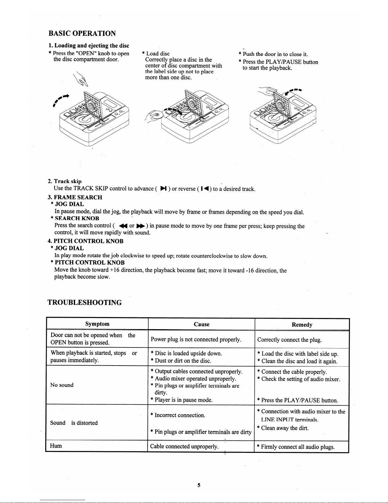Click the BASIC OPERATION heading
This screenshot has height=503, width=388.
point(82,34)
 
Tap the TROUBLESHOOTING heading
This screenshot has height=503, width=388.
point(85,302)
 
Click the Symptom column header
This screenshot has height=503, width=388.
point(97,324)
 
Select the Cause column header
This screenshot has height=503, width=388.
point(201,324)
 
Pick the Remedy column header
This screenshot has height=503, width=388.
point(302,325)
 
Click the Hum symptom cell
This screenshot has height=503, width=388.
point(56,446)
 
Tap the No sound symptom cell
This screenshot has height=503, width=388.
point(62,385)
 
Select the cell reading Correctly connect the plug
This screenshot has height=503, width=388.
point(289,340)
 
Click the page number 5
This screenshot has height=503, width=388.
point(199,485)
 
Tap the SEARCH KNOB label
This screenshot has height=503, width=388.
point(77,218)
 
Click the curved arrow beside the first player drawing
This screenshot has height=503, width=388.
point(61,98)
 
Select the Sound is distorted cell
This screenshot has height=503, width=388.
point(74,423)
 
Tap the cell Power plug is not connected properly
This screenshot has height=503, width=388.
point(196,340)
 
